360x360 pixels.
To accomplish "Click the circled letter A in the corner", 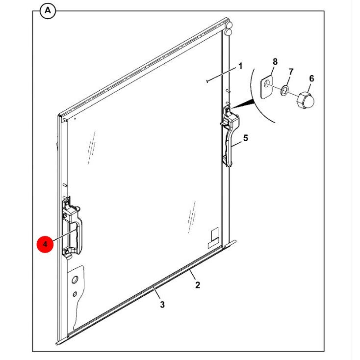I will [48, 10].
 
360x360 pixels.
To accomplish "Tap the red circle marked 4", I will [45, 244].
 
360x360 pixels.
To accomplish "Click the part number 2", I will [198, 284].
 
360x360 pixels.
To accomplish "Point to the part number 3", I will [162, 305].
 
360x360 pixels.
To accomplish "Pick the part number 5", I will [246, 138].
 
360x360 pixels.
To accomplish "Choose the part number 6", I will [311, 78].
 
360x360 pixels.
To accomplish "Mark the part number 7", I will [290, 72].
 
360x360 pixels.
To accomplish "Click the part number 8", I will [275, 62].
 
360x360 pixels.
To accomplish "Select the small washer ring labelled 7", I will [285, 90].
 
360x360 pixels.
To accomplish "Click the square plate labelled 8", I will [266, 87].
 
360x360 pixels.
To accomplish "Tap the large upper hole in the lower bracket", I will [75, 280].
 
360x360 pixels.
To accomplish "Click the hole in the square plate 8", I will [265, 85].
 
